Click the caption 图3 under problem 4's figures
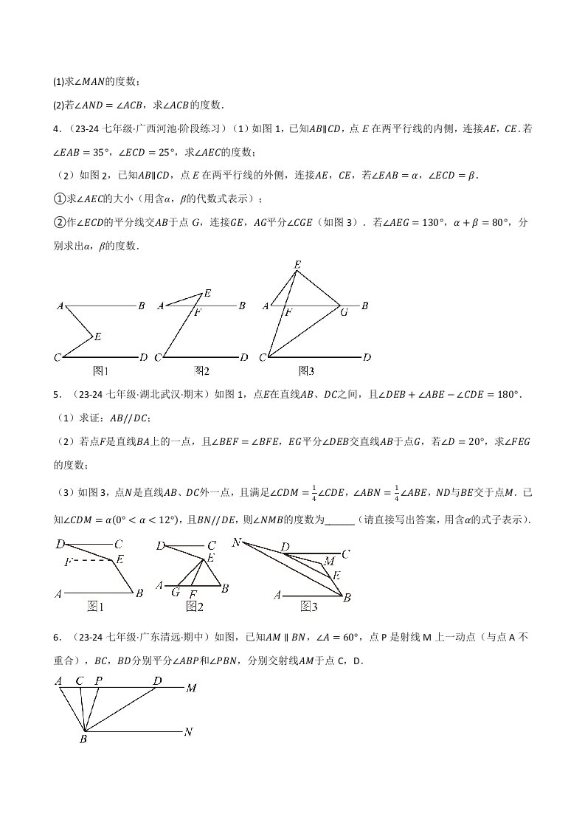[306, 371]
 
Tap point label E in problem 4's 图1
[97, 337]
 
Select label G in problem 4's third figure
[343, 312]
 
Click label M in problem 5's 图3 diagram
[329, 562]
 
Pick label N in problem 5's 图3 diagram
[237, 543]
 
